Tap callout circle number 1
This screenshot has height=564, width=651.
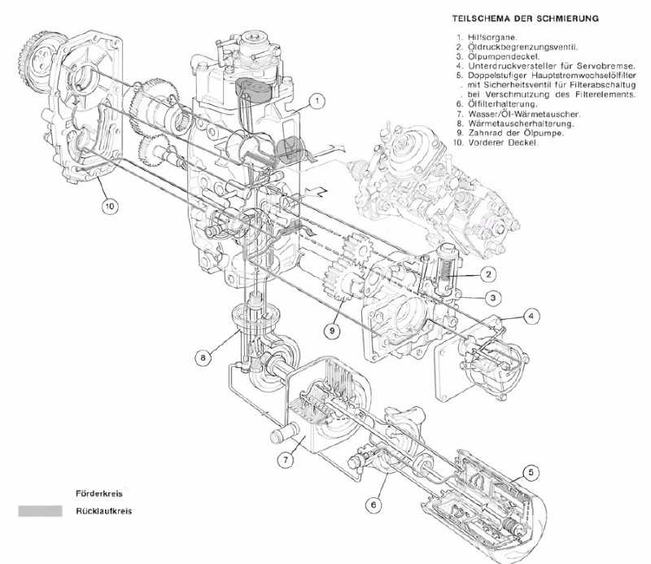[x=317, y=101]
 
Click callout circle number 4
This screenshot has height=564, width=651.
[x=530, y=314]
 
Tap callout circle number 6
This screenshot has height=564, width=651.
[x=373, y=505]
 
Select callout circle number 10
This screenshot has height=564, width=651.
[x=110, y=206]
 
